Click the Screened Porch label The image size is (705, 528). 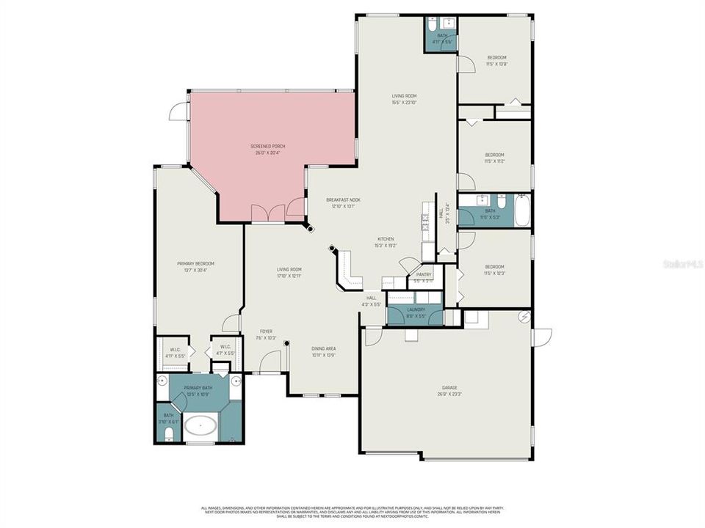click(x=268, y=150)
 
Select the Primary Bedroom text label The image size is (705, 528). click(x=195, y=267)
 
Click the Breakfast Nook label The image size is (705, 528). click(x=343, y=203)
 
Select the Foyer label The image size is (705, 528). click(x=266, y=334)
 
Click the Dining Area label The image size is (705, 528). click(x=323, y=352)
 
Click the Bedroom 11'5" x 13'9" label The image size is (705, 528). click(x=497, y=61)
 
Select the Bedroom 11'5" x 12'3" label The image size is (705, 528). click(x=494, y=270)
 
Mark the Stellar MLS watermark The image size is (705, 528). click(x=682, y=261)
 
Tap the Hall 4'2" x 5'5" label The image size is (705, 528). click(x=371, y=301)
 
